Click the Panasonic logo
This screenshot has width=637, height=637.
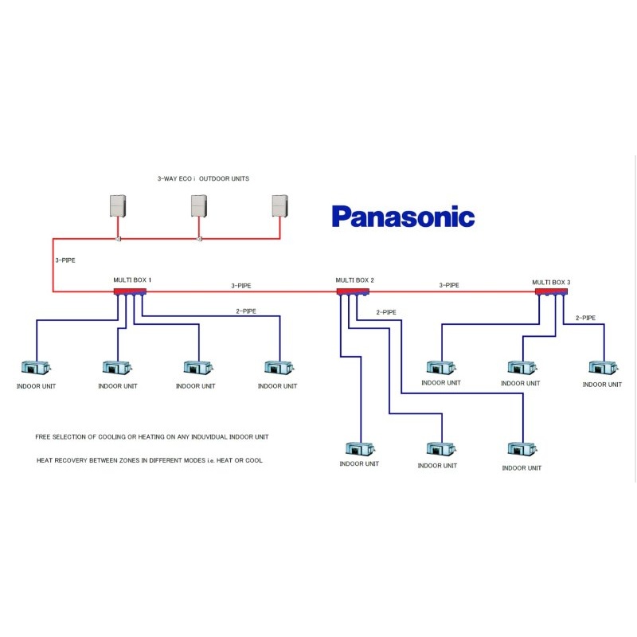click(403, 217)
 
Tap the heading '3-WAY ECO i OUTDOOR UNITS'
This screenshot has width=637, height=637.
click(203, 178)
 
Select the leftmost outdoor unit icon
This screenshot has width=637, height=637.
click(119, 206)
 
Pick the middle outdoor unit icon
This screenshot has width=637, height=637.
click(199, 206)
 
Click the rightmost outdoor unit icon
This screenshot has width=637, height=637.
click(280, 206)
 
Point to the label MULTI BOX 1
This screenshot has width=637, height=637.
click(132, 280)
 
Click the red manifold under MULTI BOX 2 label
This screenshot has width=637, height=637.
click(353, 291)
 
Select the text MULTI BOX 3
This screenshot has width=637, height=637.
click(552, 282)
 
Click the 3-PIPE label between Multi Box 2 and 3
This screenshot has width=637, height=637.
click(450, 284)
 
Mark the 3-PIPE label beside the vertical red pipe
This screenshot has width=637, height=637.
click(65, 260)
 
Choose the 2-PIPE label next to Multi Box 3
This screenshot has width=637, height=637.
click(585, 318)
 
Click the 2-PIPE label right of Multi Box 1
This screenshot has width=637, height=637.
click(245, 311)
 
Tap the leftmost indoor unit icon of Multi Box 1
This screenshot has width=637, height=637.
click(36, 368)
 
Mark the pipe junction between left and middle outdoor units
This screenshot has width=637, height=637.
click(119, 239)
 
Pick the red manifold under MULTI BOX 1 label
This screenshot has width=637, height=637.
click(130, 291)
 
